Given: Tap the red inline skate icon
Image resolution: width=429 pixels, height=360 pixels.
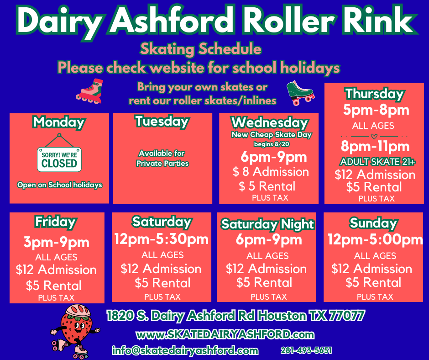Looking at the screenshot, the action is pos(90,91).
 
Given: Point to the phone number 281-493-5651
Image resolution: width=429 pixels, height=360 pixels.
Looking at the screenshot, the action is pos(306,350).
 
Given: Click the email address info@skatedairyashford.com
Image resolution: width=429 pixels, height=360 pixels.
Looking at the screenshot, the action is pos(185,350).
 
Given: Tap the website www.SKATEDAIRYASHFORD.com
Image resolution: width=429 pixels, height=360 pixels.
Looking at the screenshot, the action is pos(225,334).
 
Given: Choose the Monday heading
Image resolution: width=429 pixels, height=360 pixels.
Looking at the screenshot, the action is pos(58,122).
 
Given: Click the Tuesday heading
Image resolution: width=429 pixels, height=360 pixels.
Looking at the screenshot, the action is pos(162,122).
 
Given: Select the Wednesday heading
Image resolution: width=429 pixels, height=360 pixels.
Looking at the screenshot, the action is pos(270,122).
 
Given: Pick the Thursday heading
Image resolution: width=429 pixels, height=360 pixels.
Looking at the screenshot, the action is pos(374,94).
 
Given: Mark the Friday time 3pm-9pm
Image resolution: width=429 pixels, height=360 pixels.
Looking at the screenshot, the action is pos(56,242).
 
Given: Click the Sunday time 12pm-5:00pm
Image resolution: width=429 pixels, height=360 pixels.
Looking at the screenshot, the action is pos(375,239).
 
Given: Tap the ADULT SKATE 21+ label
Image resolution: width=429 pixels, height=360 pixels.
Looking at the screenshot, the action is pos(377,162).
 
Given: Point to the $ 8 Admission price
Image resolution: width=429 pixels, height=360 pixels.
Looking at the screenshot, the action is pos(271,172).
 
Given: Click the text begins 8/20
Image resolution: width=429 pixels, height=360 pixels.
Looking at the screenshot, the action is pos(272,144).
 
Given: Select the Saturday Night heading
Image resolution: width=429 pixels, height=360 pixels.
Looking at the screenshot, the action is pos(267,224).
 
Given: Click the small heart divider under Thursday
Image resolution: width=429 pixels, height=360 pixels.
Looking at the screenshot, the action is pos(374,136).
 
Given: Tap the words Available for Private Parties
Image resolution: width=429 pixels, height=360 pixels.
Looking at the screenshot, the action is pos(162,159).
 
